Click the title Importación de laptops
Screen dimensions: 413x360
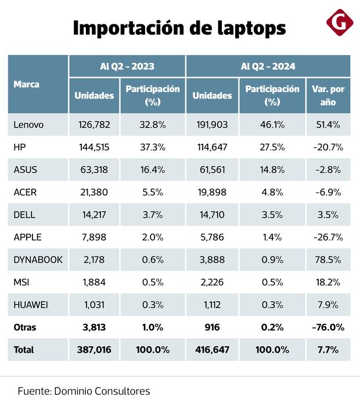(x=179, y=28)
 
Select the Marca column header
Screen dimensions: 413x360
(x=26, y=84)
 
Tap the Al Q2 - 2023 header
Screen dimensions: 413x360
(x=127, y=66)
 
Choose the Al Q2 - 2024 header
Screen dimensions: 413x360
(x=268, y=66)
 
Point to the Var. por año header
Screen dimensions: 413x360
(x=328, y=95)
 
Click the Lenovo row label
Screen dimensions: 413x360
(x=28, y=125)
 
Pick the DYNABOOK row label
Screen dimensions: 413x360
(x=38, y=259)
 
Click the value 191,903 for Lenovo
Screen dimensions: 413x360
(x=211, y=125)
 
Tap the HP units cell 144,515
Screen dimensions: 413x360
(x=94, y=147)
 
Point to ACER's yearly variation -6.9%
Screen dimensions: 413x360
(x=328, y=192)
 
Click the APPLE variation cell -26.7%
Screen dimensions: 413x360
(x=328, y=237)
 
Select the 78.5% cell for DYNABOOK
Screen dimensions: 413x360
(x=328, y=259)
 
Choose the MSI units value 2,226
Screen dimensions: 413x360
(x=211, y=282)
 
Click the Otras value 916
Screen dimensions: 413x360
(x=211, y=327)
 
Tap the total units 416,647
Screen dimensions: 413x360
(x=211, y=350)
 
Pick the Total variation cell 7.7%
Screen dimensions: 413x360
(x=328, y=350)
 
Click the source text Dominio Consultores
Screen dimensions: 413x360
(x=102, y=392)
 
